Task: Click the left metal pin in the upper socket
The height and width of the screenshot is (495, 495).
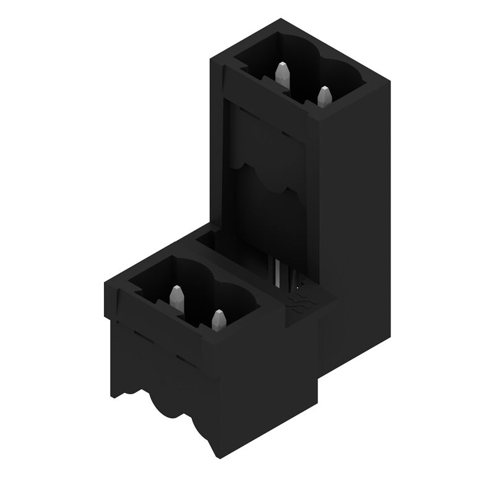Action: (282, 74)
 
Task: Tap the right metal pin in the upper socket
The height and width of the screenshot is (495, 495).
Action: (324, 97)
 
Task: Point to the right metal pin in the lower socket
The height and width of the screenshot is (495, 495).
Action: (218, 320)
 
